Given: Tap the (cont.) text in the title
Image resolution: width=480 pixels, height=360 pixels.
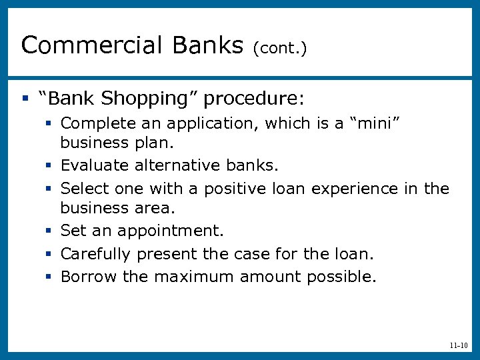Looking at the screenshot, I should click(279, 49).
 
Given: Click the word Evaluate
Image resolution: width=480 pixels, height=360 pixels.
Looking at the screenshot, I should click(94, 165).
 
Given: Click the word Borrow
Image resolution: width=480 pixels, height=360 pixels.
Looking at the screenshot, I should click(89, 276).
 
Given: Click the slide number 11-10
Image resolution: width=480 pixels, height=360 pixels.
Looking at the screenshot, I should click(459, 345).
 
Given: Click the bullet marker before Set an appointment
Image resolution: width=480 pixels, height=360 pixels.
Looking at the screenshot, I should click(50, 231).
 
